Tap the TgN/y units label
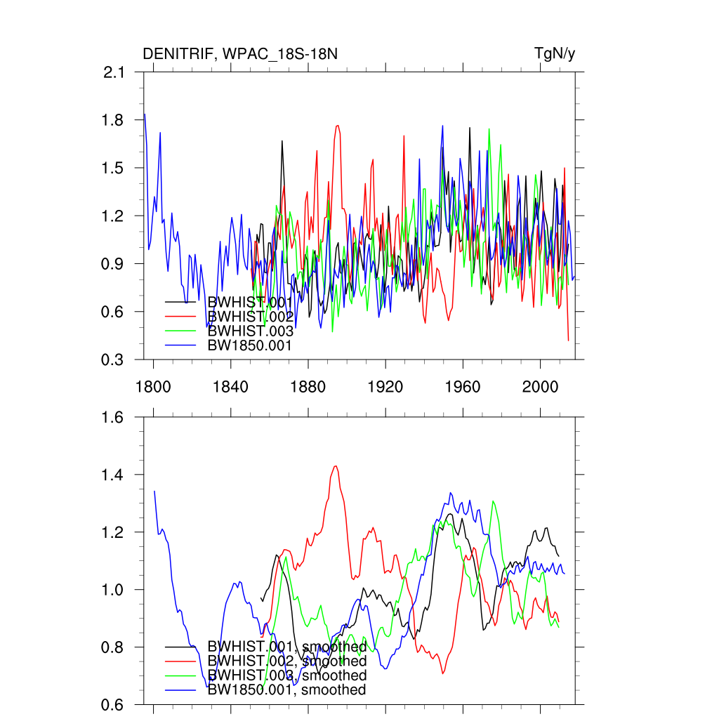[555, 54]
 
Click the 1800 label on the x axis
[152, 385]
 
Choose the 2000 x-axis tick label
[540, 385]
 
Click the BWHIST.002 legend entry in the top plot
[250, 317]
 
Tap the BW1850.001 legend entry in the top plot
[250, 345]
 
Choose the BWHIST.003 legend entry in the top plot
[250, 331]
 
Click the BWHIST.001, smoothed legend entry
[287, 647]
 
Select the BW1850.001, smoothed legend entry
[287, 690]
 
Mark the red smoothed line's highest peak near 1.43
[336, 466]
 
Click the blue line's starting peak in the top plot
[145, 114]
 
